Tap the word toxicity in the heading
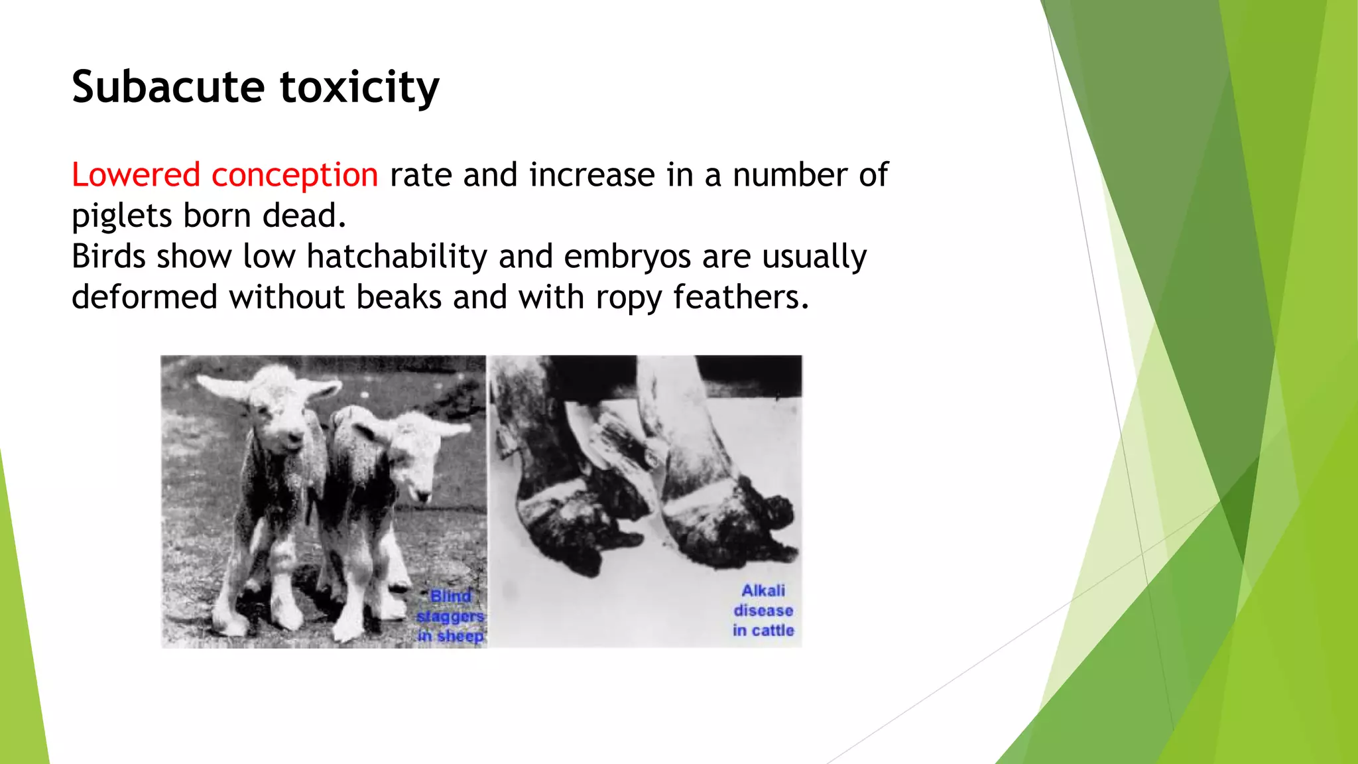pos(359,87)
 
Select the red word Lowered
pos(136,175)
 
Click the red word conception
pos(294,175)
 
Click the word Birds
pos(108,257)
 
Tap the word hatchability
pos(397,257)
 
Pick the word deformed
pos(144,297)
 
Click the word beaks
pos(399,297)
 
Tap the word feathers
pos(741,297)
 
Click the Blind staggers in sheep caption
pos(450,616)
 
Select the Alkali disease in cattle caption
pos(763,610)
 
